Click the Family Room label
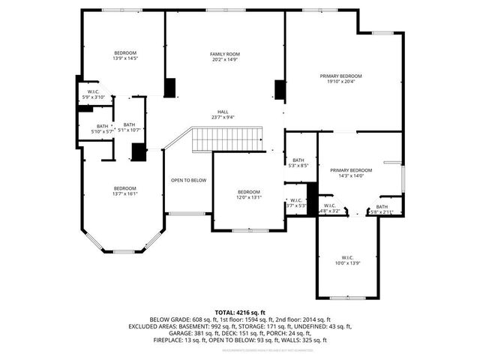pos(224,55)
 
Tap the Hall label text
pos(223,112)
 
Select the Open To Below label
pos(188,180)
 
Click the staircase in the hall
pos(228,139)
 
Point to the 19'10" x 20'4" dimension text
pos(340,82)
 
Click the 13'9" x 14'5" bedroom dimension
pos(124,58)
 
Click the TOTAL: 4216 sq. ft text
pos(240,312)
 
